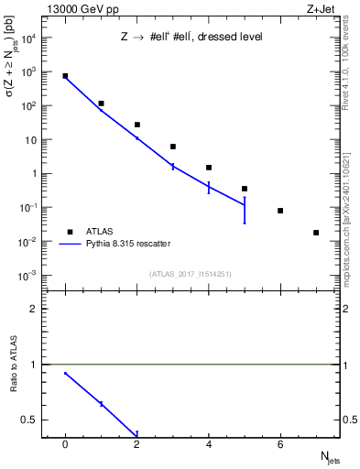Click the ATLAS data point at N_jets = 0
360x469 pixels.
point(65,76)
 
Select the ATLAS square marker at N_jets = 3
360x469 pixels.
point(173,147)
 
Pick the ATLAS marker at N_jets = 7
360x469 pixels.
point(316,233)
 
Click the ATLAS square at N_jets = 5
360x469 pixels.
point(245,189)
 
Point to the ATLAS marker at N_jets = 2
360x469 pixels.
point(137,125)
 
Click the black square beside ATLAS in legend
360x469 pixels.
point(70,232)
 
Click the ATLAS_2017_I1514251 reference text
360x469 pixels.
point(191,273)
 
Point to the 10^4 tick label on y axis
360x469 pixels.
point(29,38)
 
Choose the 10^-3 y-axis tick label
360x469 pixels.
point(29,276)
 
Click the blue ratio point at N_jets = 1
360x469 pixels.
point(101,404)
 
